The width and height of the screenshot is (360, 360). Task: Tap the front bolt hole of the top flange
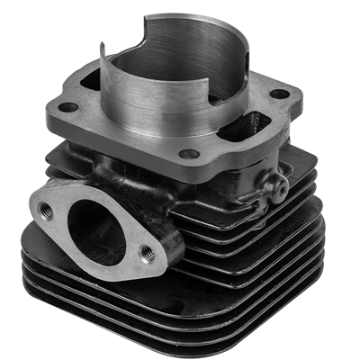tap(188, 154)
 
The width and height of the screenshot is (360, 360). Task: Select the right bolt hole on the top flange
tap(280, 94)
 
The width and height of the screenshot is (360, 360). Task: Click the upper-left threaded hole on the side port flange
tap(47, 211)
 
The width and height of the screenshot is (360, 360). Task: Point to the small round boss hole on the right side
tap(276, 187)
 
